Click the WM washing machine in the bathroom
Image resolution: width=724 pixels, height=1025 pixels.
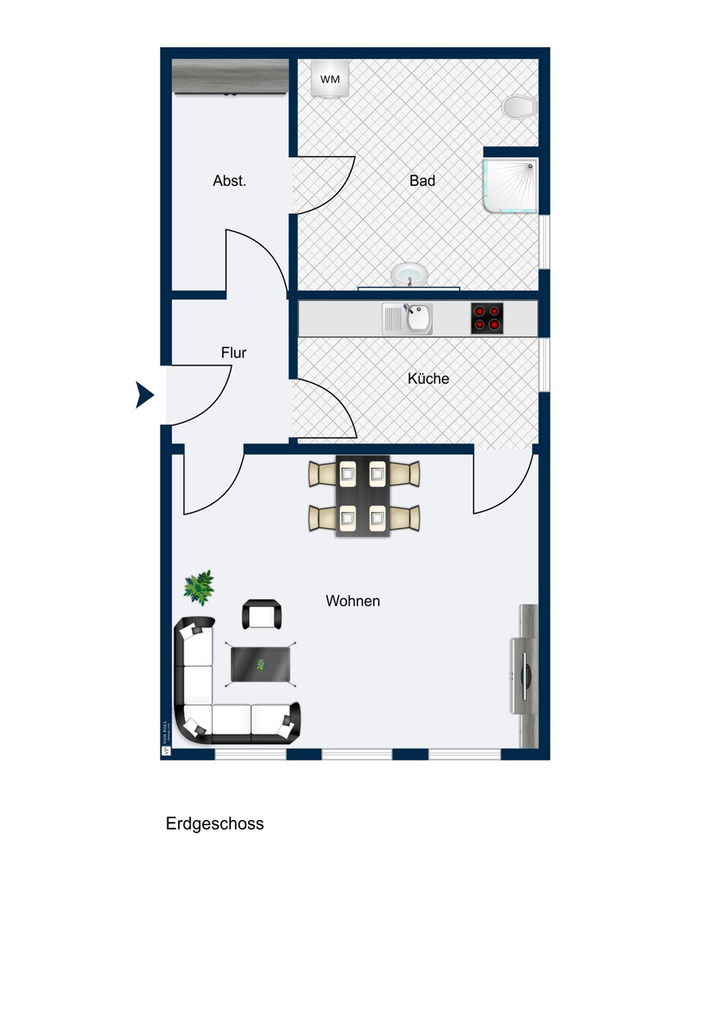pos(330,79)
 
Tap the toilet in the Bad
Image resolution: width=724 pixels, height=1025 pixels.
pos(520,107)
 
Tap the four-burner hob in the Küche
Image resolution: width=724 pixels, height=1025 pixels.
pos(487,318)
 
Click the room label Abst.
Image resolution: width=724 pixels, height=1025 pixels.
pos(229,181)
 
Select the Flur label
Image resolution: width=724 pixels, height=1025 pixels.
pos(234,353)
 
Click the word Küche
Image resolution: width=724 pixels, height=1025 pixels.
pos(428,379)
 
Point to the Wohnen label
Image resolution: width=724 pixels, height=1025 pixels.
pos(352,601)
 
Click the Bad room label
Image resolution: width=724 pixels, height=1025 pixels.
pos(422,181)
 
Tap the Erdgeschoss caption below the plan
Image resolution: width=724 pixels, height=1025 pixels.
pos(214,823)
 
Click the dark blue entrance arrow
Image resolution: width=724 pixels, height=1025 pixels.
pos(144,395)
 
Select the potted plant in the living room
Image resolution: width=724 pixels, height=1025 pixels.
pos(199,587)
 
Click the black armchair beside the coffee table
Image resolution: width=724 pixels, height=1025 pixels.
pos(262,614)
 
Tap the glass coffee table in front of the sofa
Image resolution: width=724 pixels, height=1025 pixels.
pos(260,664)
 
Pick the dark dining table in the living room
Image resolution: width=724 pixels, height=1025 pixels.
pos(363,496)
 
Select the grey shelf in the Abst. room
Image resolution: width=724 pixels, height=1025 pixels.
pos(230,76)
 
